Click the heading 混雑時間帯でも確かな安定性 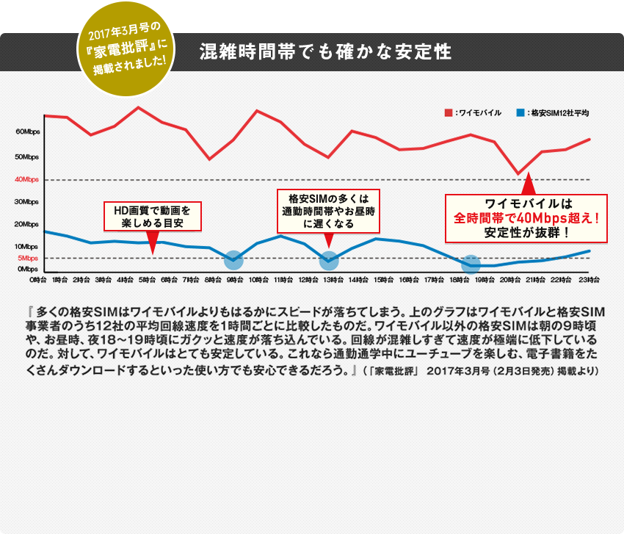[324, 53]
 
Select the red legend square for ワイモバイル [448, 113]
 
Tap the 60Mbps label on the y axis [27, 132]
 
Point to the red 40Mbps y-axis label [26, 179]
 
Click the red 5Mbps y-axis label [27, 258]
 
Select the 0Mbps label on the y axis [27, 270]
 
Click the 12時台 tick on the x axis [308, 280]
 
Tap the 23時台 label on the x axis [589, 280]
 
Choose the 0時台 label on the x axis [38, 280]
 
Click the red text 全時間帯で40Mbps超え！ [528, 218]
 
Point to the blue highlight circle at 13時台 [329, 259]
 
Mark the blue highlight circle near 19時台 [471, 264]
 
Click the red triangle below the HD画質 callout [153, 242]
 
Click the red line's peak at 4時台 [139, 108]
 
